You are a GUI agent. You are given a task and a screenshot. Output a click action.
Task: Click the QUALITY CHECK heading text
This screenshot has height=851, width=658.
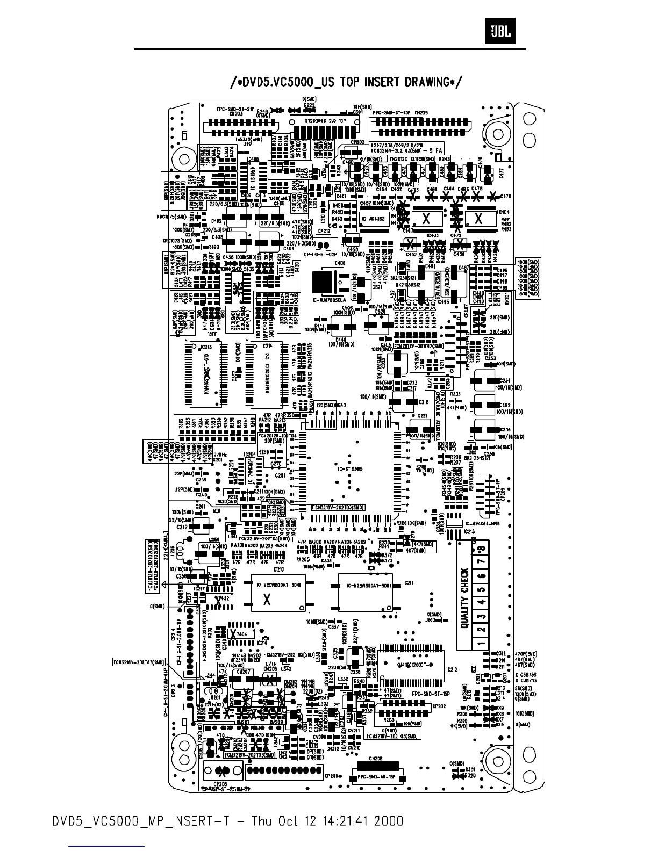[464, 598]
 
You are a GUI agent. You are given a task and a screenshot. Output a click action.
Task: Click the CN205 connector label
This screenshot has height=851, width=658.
[420, 113]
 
